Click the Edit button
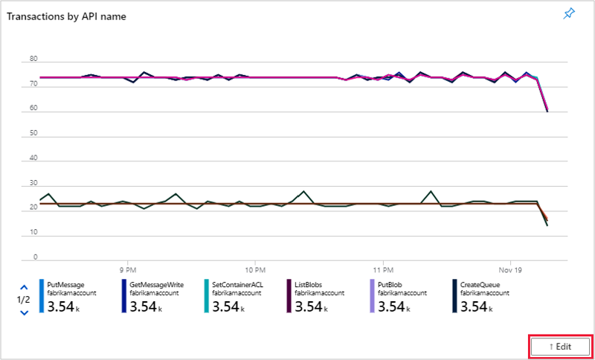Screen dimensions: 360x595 [x=560, y=346]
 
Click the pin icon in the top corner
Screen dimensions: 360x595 [x=569, y=14]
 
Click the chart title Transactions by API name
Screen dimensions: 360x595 [x=66, y=16]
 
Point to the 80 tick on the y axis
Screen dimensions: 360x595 [x=33, y=59]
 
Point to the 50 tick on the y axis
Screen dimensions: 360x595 [x=33, y=134]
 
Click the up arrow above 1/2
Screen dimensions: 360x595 [x=24, y=286]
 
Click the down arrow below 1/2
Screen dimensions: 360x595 [x=24, y=312]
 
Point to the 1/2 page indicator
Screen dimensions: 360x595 [x=24, y=300]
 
